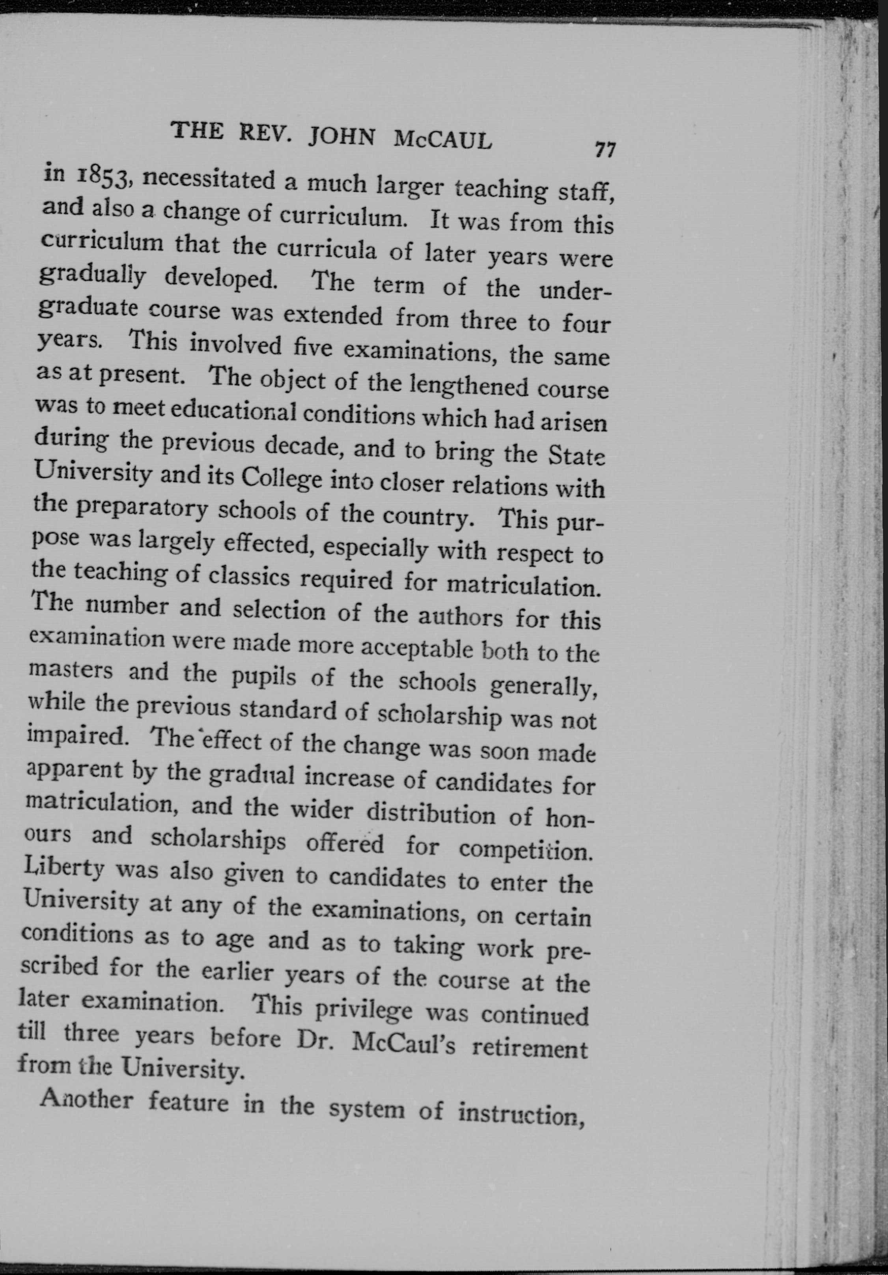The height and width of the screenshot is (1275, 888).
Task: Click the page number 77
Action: pyautogui.click(x=604, y=150)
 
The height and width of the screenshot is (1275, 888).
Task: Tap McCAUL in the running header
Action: pyautogui.click(x=442, y=140)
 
